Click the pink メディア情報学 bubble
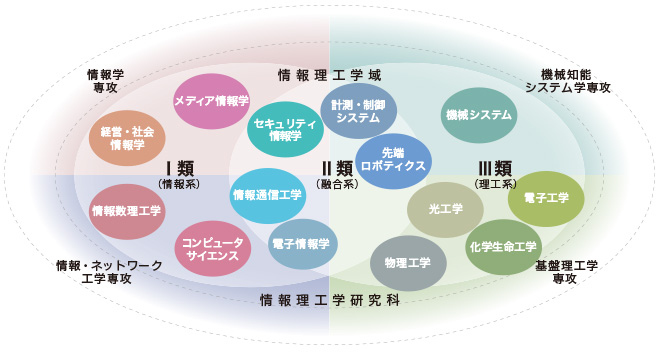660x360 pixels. (211, 101)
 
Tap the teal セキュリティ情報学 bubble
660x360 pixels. (285, 129)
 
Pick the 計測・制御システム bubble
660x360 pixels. (358, 110)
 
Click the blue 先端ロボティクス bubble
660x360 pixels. (393, 160)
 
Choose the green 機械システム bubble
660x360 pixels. (479, 116)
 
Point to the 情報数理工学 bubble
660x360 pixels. (126, 210)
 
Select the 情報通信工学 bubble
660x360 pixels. (267, 194)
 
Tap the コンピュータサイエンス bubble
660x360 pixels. (213, 247)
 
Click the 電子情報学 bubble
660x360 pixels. (302, 243)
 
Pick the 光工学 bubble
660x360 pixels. (445, 209)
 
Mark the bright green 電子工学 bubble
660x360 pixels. (545, 198)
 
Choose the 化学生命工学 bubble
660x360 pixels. (503, 246)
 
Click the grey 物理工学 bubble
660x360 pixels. (408, 263)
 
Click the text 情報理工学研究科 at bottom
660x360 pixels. (330, 300)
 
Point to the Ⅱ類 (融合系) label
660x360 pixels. (337, 174)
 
